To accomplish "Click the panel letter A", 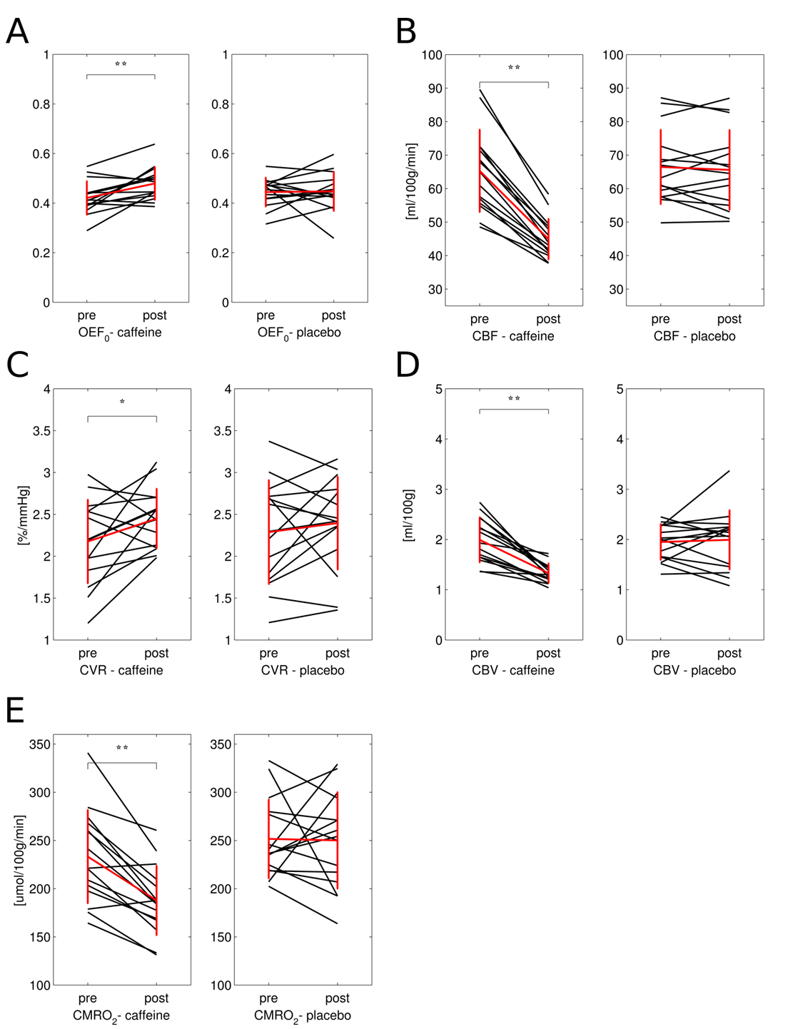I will (17, 32).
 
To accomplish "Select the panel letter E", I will (15, 711).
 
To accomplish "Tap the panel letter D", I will (408, 365).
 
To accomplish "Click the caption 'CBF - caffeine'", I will (512, 336).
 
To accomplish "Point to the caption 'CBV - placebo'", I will (694, 670).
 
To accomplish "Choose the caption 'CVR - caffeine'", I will (121, 670).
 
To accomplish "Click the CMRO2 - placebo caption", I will (302, 1015).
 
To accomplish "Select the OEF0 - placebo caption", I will (298, 333).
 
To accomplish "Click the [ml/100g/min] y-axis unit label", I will (410, 181).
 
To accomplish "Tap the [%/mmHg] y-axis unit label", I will (23, 514).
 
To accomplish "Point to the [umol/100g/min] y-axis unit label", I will (19, 860).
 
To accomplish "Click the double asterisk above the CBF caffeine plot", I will (514, 69).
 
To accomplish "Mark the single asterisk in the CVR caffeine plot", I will (122, 402).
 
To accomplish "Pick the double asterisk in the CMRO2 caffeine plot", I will (122, 749).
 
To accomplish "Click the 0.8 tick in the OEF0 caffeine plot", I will (41, 104).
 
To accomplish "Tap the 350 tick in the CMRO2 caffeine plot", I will (39, 744).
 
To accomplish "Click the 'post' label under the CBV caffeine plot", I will (548, 653).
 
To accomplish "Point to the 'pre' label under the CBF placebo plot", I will (660, 319).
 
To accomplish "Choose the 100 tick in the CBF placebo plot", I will (612, 55).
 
